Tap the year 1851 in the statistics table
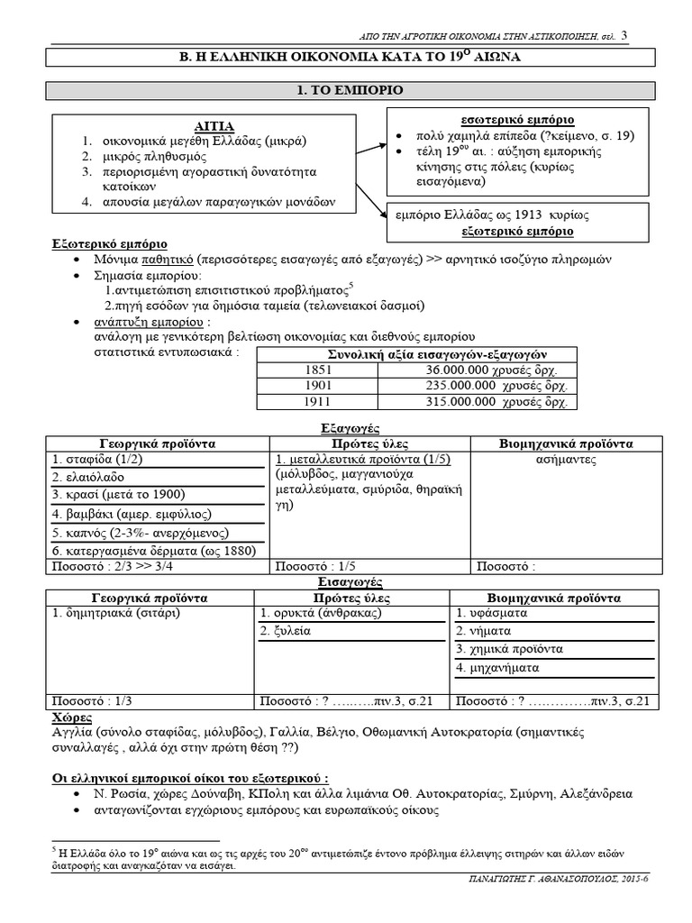click(x=319, y=370)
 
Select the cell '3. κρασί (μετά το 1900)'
click(x=117, y=495)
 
